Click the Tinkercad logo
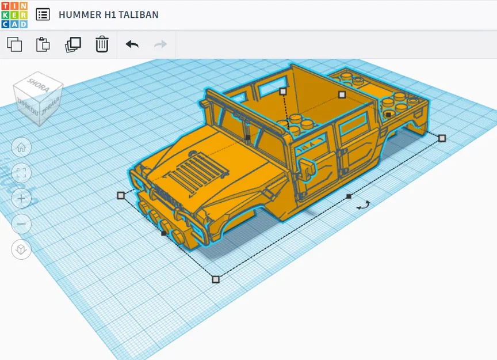pyautogui.click(x=14, y=14)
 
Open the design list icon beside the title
pyautogui.click(x=43, y=14)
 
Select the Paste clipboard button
pyautogui.click(x=43, y=44)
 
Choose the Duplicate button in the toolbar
pyautogui.click(x=72, y=44)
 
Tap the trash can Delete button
pyautogui.click(x=102, y=44)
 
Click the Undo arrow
pyautogui.click(x=132, y=44)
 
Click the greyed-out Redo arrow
pyautogui.click(x=160, y=44)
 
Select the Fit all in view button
pyautogui.click(x=21, y=172)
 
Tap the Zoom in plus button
pyautogui.click(x=21, y=198)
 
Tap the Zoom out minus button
pyautogui.click(x=21, y=223)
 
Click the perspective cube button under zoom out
pyautogui.click(x=21, y=249)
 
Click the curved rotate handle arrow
pyautogui.click(x=363, y=204)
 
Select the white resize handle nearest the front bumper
pyautogui.click(x=121, y=195)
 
